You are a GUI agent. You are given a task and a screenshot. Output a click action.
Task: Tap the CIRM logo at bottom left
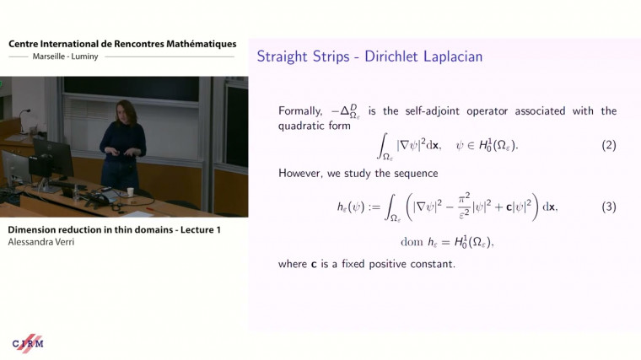pyautogui.click(x=28, y=343)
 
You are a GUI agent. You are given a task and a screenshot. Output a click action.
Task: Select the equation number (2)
pyautogui.click(x=609, y=145)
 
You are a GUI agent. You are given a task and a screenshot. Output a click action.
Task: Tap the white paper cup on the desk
pyautogui.click(x=130, y=191)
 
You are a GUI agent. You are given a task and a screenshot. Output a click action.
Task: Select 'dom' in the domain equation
pyautogui.click(x=412, y=242)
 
